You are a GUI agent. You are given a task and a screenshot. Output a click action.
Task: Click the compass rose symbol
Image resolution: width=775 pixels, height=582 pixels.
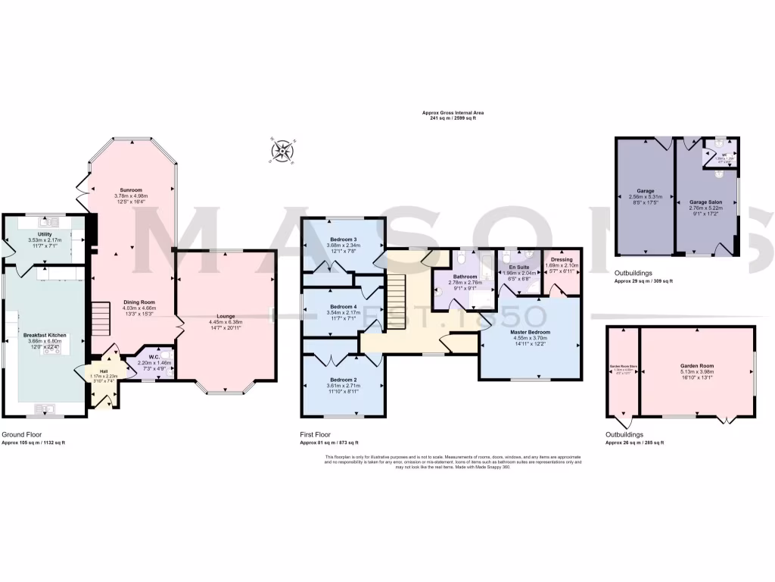tap(283, 151)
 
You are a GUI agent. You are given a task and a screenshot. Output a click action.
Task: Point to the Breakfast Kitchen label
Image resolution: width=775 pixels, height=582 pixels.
tap(45, 335)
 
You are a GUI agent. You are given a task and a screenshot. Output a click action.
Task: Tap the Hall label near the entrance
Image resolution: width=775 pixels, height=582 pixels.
tap(104, 371)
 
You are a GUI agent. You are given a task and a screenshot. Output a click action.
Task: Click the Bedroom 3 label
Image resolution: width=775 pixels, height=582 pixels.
tap(344, 239)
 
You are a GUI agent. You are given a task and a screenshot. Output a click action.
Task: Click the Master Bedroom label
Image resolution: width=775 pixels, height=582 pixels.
tap(530, 332)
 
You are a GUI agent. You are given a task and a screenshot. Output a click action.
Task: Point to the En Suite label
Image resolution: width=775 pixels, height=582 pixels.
tap(518, 267)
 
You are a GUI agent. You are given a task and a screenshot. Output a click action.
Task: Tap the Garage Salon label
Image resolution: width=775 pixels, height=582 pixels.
tap(706, 202)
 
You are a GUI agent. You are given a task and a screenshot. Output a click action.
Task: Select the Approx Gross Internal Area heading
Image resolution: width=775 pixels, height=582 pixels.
tap(453, 113)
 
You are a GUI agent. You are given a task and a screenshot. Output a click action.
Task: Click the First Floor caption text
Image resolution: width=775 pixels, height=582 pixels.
tap(317, 435)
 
